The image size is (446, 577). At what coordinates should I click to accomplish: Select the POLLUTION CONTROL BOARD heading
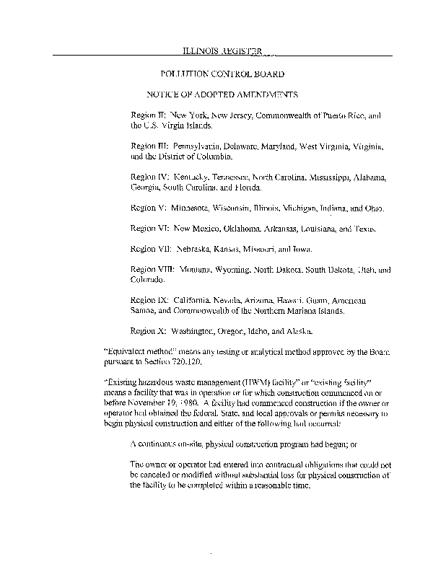tap(222, 74)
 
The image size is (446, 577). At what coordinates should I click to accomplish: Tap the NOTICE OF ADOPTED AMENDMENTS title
tap(222, 94)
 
